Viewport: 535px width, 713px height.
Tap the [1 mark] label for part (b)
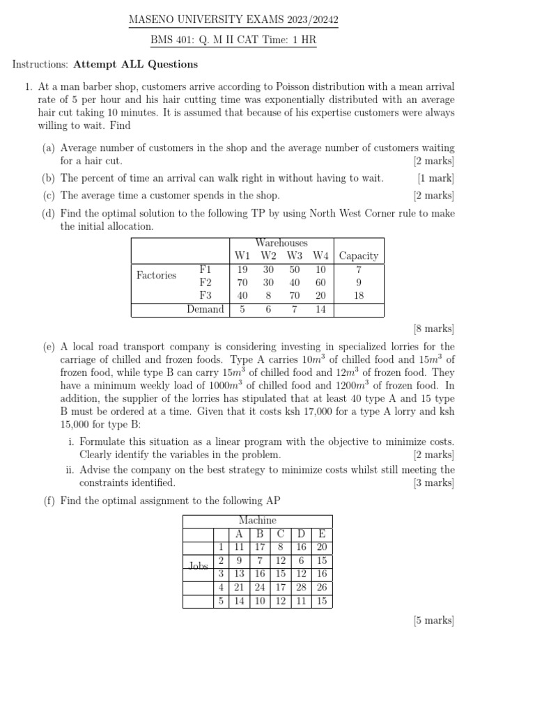(435, 178)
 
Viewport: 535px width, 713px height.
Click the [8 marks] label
(433, 328)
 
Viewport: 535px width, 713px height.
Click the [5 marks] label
(433, 620)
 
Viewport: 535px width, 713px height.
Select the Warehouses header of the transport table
(281, 243)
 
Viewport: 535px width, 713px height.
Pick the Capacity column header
(358, 256)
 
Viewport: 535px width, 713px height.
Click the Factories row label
(156, 276)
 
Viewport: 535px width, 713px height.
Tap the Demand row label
(206, 309)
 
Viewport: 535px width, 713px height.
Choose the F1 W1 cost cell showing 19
(242, 269)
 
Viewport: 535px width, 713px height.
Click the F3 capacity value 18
(358, 296)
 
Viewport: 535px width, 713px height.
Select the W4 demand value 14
(320, 309)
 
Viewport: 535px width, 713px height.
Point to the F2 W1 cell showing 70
(242, 283)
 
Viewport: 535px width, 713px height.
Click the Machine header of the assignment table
(257, 521)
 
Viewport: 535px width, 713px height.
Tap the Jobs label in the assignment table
(199, 567)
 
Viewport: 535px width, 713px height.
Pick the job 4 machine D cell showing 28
(301, 588)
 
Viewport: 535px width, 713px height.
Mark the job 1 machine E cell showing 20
(321, 547)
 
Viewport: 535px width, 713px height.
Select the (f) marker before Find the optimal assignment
(49, 501)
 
